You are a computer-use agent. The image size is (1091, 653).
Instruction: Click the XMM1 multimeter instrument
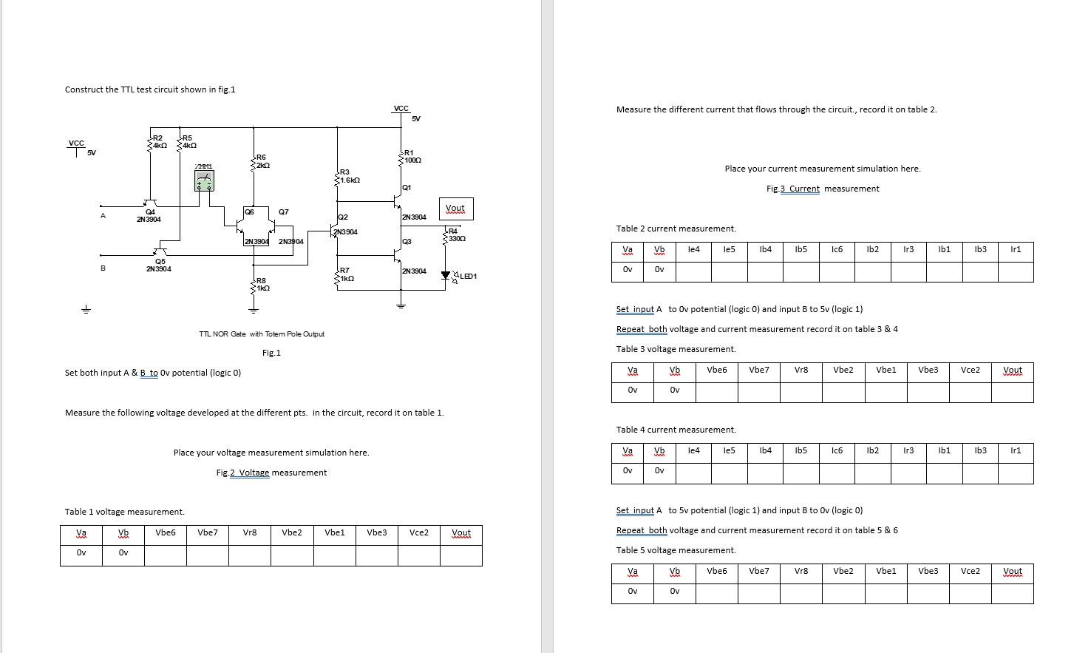tap(205, 180)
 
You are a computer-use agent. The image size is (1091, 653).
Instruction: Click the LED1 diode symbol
tap(446, 276)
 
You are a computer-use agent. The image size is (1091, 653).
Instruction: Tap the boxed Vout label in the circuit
tap(455, 209)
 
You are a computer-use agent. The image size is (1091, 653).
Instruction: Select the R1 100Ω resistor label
tap(412, 157)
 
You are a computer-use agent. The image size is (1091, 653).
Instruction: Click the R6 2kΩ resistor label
tap(262, 161)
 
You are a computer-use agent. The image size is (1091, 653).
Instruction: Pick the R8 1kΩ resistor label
tap(262, 284)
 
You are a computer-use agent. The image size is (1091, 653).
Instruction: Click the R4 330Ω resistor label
tap(456, 235)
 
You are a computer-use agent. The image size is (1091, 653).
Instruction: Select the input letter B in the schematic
tap(103, 268)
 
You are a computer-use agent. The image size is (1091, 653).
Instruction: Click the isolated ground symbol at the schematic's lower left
tap(86, 308)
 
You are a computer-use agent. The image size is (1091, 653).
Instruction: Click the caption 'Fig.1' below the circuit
tap(271, 353)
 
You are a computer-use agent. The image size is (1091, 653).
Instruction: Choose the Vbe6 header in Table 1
tap(166, 532)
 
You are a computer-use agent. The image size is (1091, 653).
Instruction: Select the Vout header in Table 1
tap(460, 532)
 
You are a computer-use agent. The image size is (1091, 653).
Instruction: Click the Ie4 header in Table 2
tap(693, 249)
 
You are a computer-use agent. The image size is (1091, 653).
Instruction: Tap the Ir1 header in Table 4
tap(1016, 450)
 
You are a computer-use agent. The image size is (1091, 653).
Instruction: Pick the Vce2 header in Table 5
tap(970, 571)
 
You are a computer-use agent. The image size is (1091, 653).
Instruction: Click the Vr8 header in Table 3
tap(801, 370)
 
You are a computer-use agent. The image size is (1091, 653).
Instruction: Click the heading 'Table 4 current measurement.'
tap(676, 430)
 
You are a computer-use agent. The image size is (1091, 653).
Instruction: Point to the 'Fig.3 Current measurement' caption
tap(823, 189)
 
